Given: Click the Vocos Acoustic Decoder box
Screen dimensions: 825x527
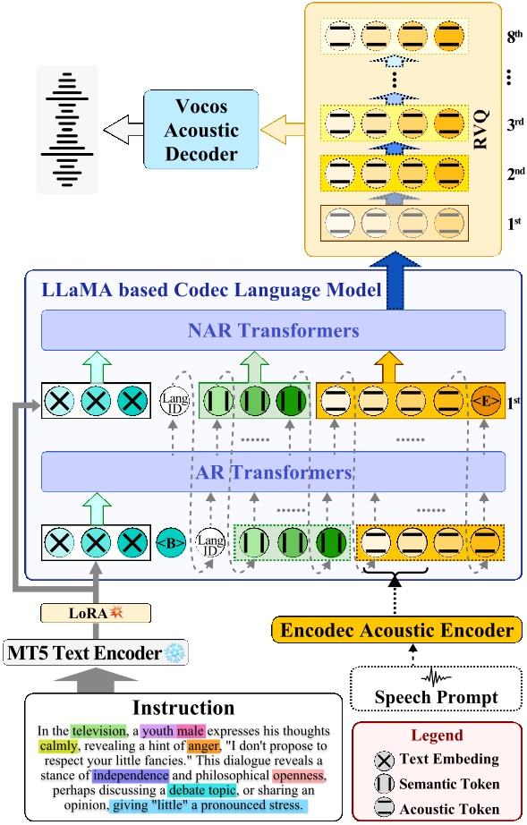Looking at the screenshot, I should click(194, 131).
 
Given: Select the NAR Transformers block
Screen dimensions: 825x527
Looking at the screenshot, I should click(273, 330).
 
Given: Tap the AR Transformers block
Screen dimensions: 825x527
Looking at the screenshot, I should click(273, 471).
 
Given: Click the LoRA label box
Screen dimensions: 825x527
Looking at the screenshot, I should click(94, 614).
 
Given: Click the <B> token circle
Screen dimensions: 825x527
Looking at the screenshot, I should click(170, 542).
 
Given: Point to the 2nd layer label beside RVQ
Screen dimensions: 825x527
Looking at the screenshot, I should click(506, 170).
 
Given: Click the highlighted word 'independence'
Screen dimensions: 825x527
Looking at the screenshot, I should click(129, 776).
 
